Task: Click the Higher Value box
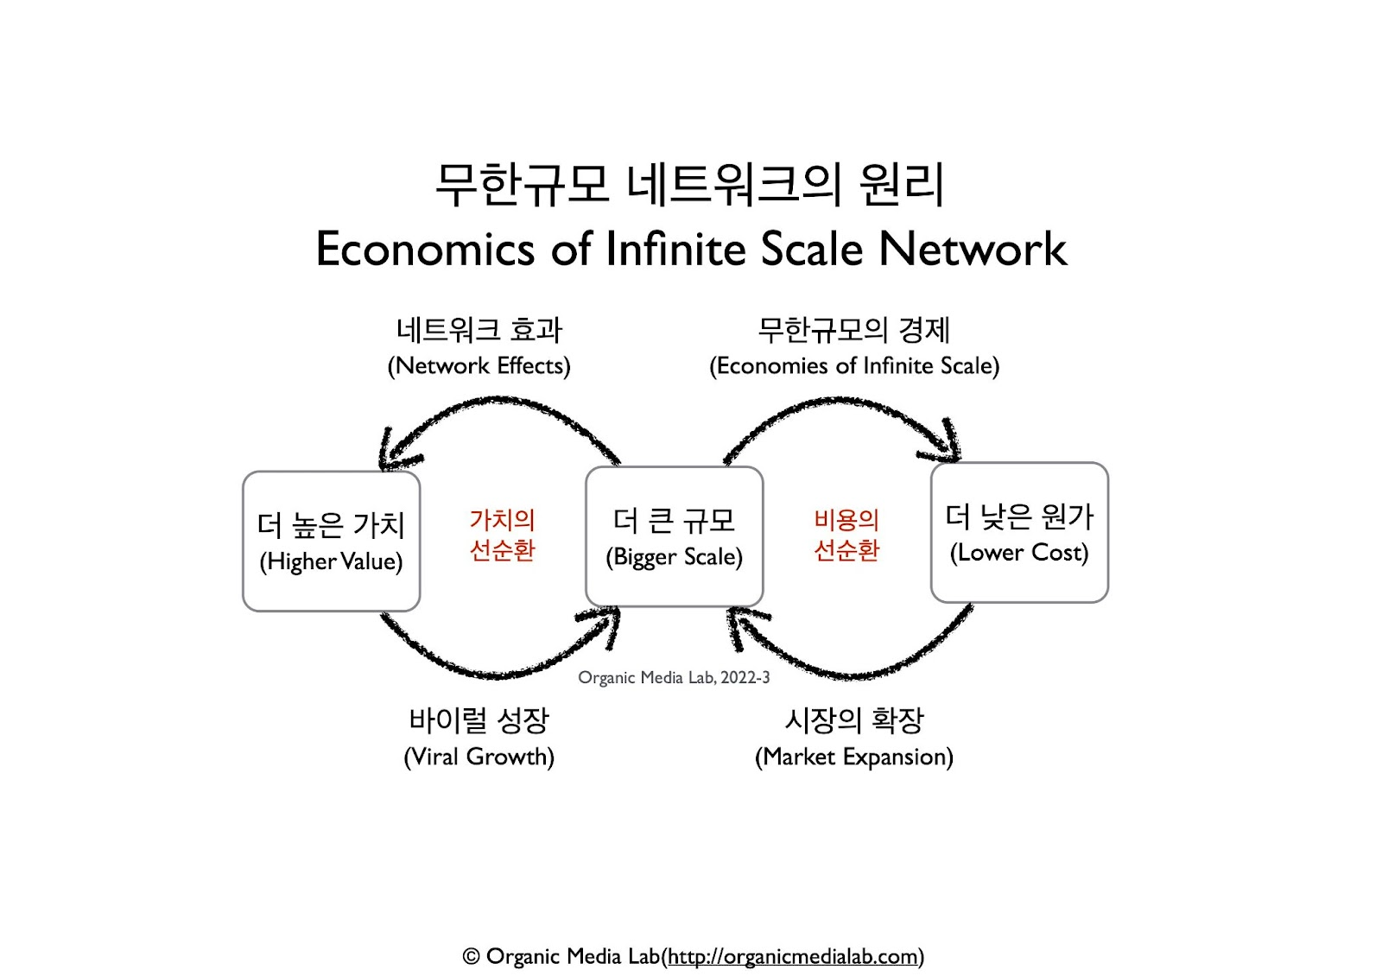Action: click(331, 542)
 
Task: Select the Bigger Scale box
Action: click(674, 536)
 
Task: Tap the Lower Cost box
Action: click(1019, 533)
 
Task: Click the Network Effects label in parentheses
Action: click(479, 366)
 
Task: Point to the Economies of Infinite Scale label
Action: click(854, 366)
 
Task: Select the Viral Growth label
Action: click(479, 757)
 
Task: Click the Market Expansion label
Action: click(854, 757)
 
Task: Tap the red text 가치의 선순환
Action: click(502, 535)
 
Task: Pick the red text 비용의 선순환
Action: click(846, 535)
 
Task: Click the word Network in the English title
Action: click(973, 250)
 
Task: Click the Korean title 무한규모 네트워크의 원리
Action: click(689, 184)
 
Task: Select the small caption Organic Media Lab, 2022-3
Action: click(674, 678)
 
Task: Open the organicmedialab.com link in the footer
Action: click(792, 957)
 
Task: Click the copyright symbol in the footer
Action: click(471, 957)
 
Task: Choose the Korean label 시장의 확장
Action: click(854, 719)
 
